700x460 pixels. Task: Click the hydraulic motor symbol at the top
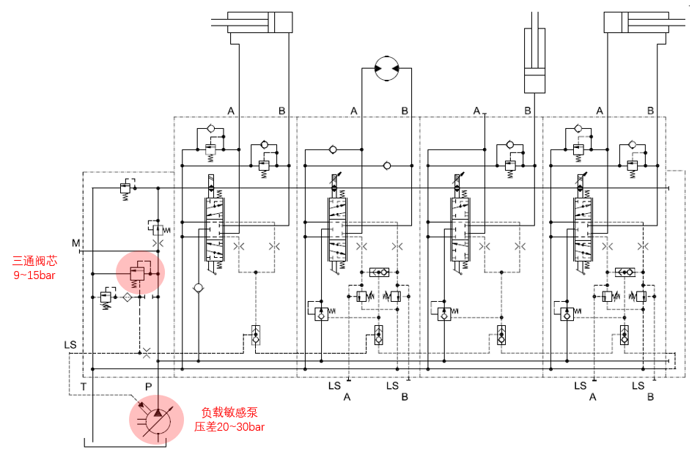[385, 68]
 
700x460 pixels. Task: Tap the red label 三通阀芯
[35, 260]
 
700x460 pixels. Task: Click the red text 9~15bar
[34, 275]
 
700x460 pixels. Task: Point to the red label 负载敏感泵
[229, 412]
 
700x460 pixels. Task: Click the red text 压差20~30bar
[229, 427]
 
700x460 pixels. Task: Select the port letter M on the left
[75, 242]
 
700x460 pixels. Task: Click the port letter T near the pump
[84, 386]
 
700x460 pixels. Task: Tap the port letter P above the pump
[149, 386]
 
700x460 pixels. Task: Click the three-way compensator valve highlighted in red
[137, 274]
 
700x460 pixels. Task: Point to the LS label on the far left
[70, 344]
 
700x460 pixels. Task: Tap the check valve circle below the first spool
[197, 288]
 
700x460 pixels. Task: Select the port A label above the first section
[230, 111]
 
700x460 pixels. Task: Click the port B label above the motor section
[405, 111]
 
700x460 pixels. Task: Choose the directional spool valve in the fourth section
[583, 228]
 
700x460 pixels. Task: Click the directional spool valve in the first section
[212, 228]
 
